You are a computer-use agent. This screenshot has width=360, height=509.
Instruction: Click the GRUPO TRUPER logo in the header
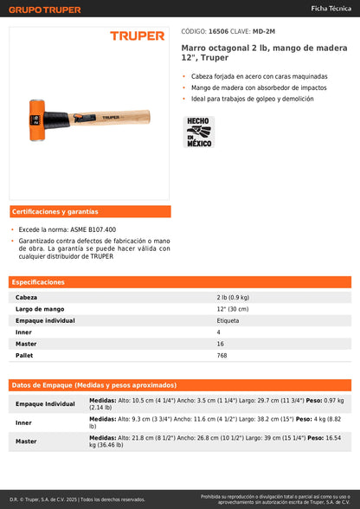[x=45, y=10]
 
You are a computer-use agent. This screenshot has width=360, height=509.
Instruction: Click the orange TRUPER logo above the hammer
[x=137, y=36]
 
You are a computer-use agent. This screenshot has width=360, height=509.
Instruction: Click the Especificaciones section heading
[x=40, y=282]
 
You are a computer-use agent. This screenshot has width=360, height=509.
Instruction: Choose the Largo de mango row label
[x=41, y=309]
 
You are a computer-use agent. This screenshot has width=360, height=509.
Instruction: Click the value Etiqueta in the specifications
[x=228, y=320]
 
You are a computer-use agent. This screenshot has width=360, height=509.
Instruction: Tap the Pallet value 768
[x=222, y=356]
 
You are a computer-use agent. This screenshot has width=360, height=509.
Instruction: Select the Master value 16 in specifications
[x=220, y=344]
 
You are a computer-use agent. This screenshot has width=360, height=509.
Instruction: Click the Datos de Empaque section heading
[x=94, y=385]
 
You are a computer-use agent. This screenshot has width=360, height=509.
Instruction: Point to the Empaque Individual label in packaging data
[x=45, y=403]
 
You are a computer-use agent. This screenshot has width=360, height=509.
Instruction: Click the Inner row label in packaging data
[x=23, y=422]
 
